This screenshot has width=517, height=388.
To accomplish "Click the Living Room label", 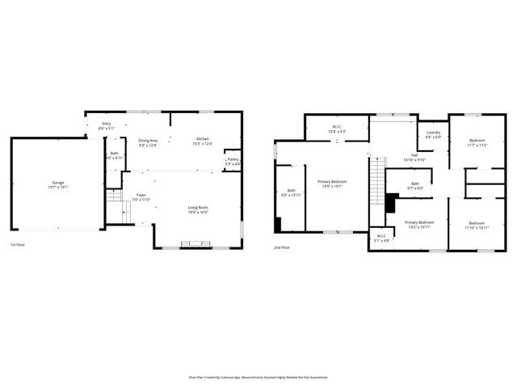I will click(198, 209).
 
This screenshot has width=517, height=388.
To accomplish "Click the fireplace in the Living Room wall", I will click(192, 242).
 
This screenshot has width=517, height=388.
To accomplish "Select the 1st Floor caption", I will click(19, 244).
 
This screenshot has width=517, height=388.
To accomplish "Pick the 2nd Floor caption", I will click(282, 247).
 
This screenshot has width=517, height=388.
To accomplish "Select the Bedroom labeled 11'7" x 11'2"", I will click(477, 143).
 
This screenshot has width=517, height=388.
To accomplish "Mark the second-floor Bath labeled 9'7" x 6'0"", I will click(415, 185).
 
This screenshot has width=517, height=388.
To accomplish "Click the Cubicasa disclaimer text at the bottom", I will click(258, 377).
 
